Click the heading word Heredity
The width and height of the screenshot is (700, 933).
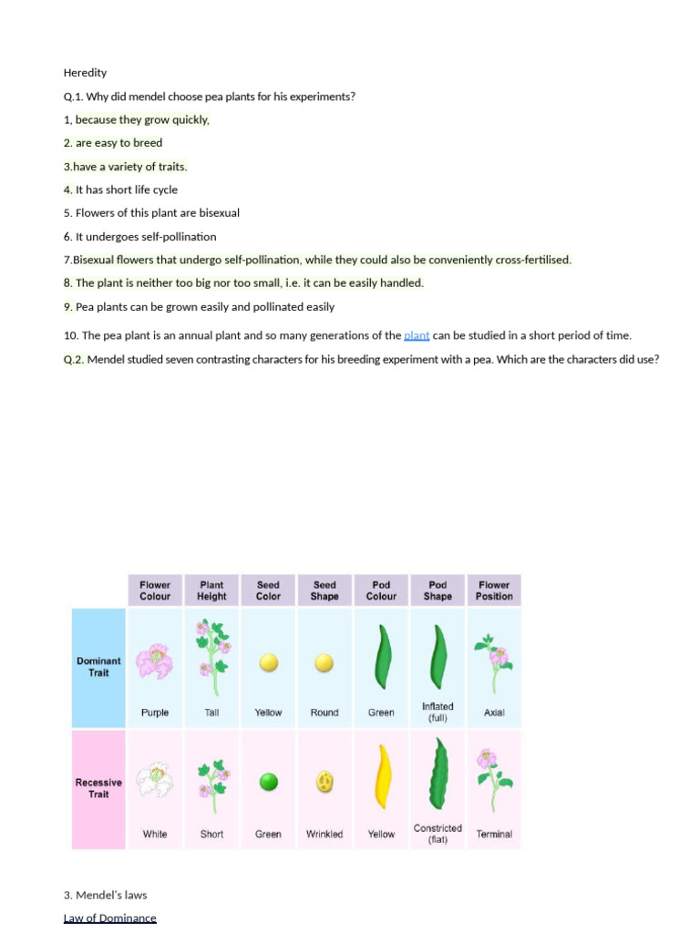click(85, 73)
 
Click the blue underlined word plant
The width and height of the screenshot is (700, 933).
click(417, 336)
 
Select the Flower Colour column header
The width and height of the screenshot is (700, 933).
click(155, 590)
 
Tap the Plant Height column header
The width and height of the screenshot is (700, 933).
click(211, 590)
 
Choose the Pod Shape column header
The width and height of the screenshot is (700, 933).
click(437, 590)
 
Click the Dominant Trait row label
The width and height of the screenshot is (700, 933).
click(98, 667)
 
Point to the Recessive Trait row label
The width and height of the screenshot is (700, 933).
click(98, 788)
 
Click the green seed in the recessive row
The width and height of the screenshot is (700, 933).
click(268, 782)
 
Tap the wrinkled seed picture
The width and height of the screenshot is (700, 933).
click(324, 782)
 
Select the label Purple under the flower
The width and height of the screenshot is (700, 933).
click(155, 713)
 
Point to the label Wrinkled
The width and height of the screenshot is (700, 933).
click(324, 834)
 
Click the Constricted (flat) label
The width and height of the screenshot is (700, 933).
click(437, 834)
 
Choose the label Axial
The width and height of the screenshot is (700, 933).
click(494, 713)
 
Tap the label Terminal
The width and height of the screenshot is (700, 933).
click(494, 834)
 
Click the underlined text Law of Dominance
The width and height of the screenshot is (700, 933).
click(109, 918)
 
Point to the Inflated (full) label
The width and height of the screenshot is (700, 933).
click(437, 712)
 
